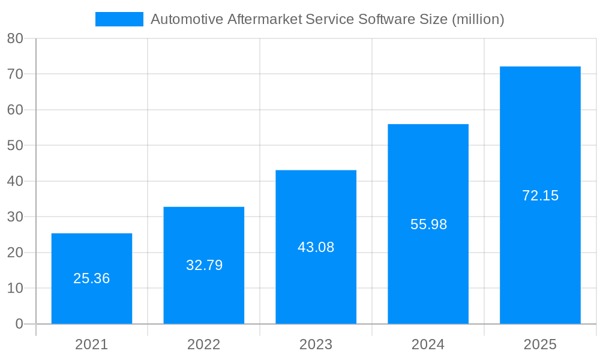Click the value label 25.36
(x=91, y=278)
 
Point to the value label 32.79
(x=204, y=265)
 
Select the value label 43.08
(x=316, y=247)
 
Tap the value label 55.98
(x=428, y=224)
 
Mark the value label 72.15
(x=540, y=196)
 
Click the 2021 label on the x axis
(x=91, y=344)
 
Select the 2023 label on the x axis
(x=316, y=344)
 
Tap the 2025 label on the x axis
(x=540, y=344)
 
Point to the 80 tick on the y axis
(x=15, y=38)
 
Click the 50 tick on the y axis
(x=15, y=145)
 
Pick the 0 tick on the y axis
(x=19, y=324)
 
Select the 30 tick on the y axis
(x=15, y=217)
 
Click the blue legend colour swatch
(x=119, y=19)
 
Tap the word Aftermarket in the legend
(x=265, y=19)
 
